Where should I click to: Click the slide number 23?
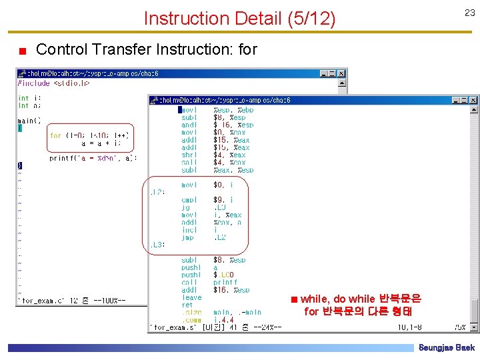pyautogui.click(x=469, y=12)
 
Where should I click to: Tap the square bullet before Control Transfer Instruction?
pyautogui.click(x=23, y=51)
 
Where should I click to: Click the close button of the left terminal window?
pyautogui.click(x=341, y=73)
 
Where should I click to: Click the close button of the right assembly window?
pyautogui.click(x=474, y=99)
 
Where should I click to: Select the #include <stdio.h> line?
pyautogui.click(x=53, y=83)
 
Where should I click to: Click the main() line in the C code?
pyautogui.click(x=29, y=121)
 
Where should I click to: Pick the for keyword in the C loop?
pyautogui.click(x=55, y=135)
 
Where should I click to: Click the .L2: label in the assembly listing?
pyautogui.click(x=157, y=192)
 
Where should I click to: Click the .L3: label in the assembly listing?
pyautogui.click(x=157, y=245)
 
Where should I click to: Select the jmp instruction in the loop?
pyautogui.click(x=187, y=237)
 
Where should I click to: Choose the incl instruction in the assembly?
pyautogui.click(x=189, y=230)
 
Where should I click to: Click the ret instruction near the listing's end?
pyautogui.click(x=187, y=305)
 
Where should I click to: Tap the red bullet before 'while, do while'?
pyautogui.click(x=293, y=299)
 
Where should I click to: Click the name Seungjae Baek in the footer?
pyautogui.click(x=446, y=348)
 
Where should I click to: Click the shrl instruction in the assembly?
pyautogui.click(x=189, y=155)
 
